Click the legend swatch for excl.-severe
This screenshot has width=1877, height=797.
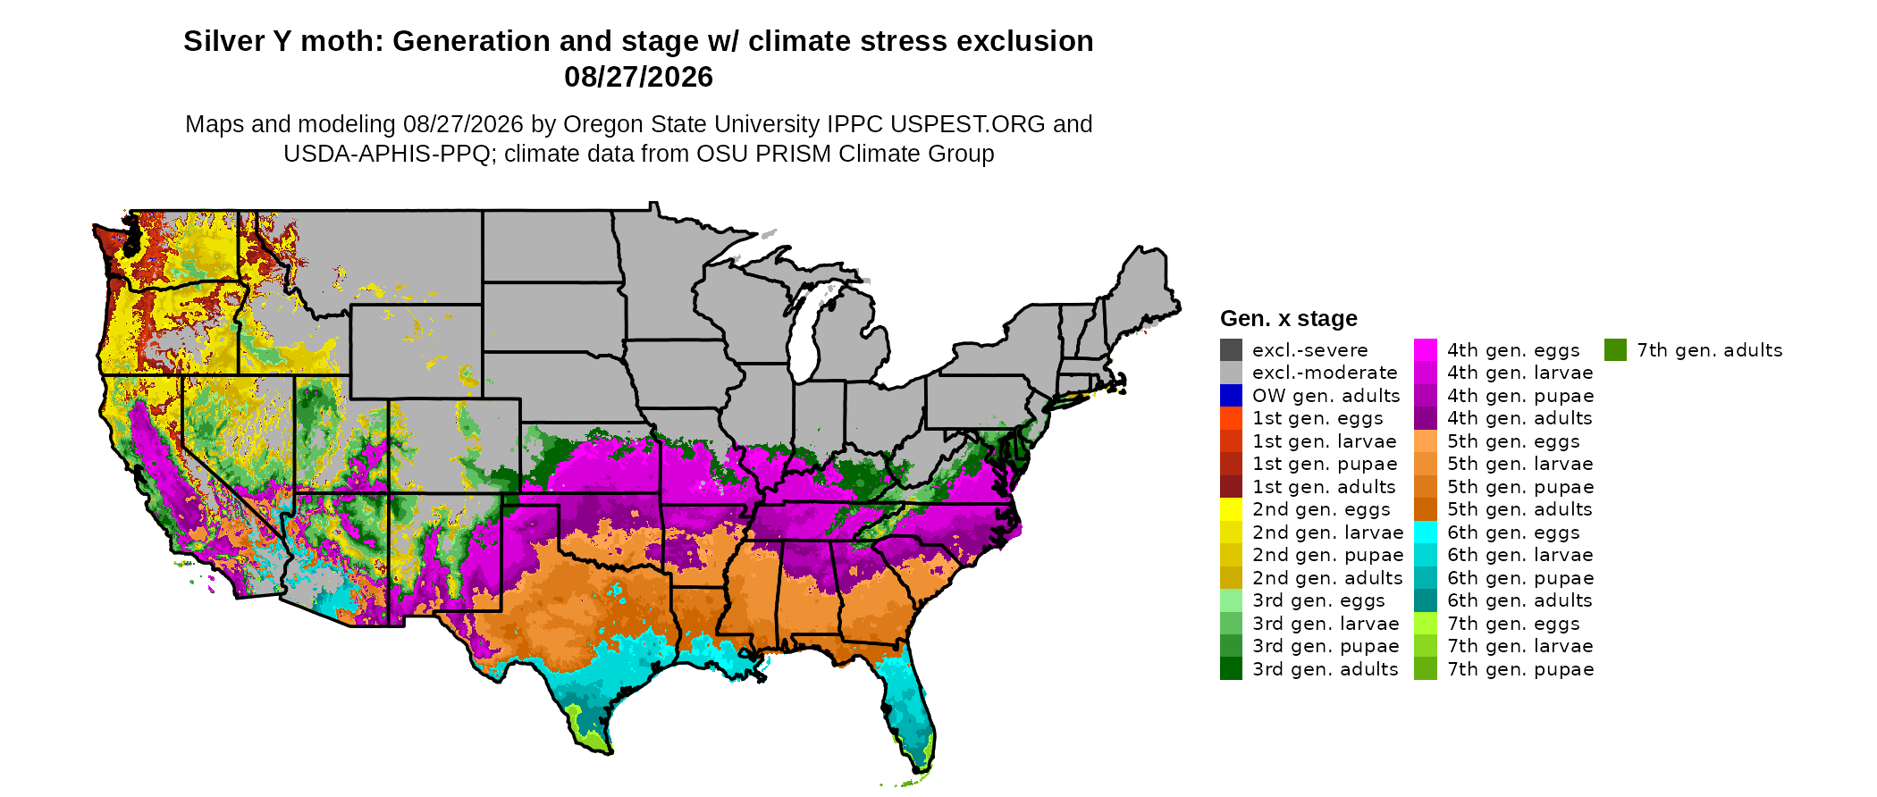pyautogui.click(x=1231, y=350)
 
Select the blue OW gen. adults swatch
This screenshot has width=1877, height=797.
pyautogui.click(x=1231, y=396)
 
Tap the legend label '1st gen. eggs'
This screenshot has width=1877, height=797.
pyautogui.click(x=1317, y=418)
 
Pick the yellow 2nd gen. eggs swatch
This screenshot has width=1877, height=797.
pyautogui.click(x=1231, y=509)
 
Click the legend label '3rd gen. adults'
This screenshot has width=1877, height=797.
pyautogui.click(x=1325, y=669)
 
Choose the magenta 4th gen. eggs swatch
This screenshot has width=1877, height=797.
pyautogui.click(x=1426, y=350)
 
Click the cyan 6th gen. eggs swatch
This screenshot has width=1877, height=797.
pyautogui.click(x=1426, y=533)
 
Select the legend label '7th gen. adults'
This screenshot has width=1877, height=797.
pyautogui.click(x=1710, y=350)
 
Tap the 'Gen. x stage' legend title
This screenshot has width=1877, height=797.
pyautogui.click(x=1288, y=318)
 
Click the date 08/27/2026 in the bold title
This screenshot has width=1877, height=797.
pyautogui.click(x=638, y=77)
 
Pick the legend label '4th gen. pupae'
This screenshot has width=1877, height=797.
pyautogui.click(x=1520, y=396)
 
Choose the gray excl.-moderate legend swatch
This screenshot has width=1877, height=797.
pyautogui.click(x=1231, y=373)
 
